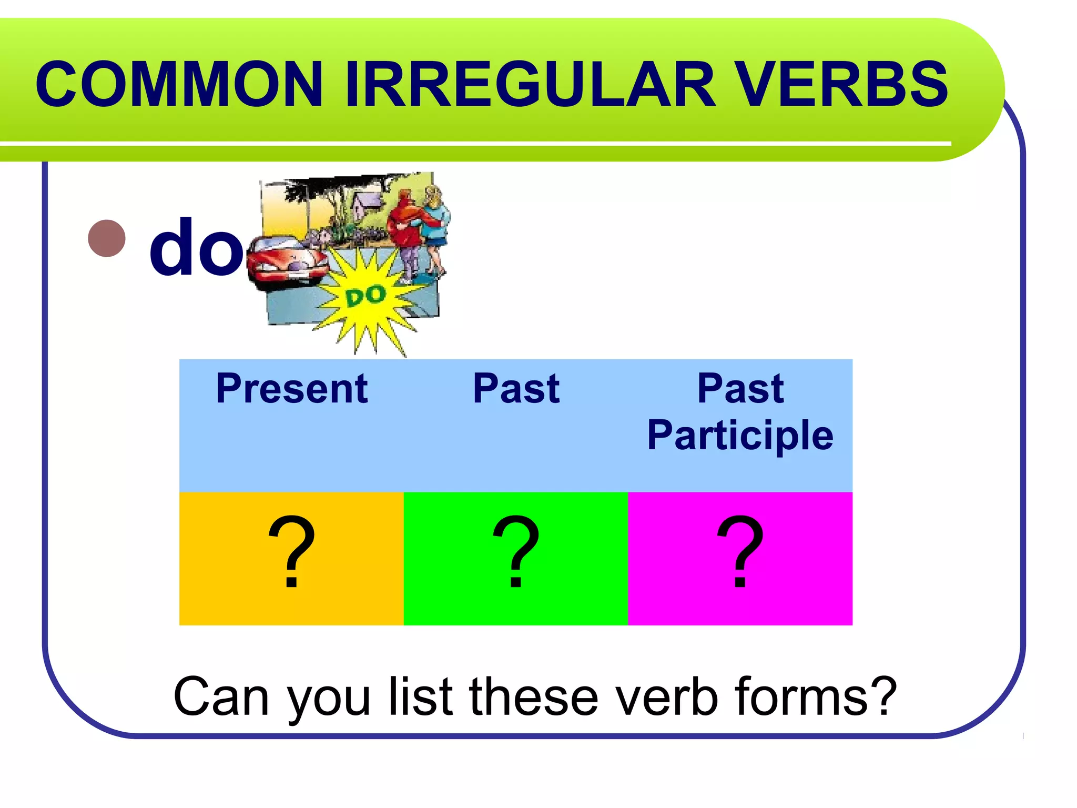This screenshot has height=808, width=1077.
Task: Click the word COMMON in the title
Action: tap(179, 84)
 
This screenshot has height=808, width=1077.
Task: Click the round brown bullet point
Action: tap(107, 238)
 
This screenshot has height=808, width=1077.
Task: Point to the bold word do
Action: tap(196, 247)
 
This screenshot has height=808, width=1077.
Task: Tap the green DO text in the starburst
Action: tap(366, 296)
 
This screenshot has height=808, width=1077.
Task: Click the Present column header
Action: tap(292, 389)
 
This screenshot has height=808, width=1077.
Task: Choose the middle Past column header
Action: tap(516, 389)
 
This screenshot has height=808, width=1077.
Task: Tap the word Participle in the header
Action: tap(740, 436)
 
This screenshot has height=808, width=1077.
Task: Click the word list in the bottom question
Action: tap(421, 697)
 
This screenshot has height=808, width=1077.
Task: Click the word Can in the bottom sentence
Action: tap(221, 697)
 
